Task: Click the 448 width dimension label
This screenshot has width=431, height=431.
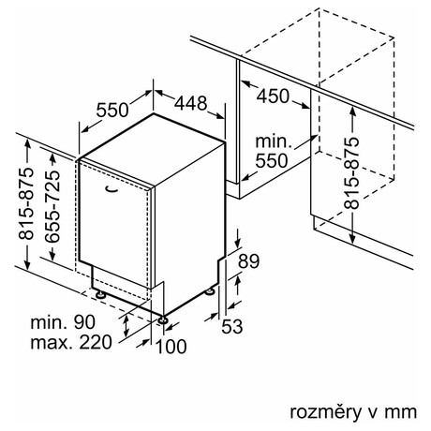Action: pos(190,103)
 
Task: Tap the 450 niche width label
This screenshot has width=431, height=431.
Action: pos(273,96)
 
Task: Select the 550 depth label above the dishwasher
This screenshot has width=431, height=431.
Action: pos(112,110)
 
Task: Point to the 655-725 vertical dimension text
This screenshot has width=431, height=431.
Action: pos(52,206)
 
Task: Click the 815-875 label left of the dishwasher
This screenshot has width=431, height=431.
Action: pos(25,203)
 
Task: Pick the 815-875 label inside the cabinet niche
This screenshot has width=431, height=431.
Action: pos(351,172)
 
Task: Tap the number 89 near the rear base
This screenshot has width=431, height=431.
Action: pos(248,261)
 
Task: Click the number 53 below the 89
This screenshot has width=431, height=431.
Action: pos(232,326)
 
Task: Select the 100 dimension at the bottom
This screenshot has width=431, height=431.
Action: pos(171,347)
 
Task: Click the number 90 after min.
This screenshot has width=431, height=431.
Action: pos(84,321)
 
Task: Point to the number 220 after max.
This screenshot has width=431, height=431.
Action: pos(96,342)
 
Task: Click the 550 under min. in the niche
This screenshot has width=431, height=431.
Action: pos(271,161)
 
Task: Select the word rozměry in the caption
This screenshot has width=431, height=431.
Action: pos(325,412)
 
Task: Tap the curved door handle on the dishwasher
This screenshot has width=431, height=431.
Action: pos(111,189)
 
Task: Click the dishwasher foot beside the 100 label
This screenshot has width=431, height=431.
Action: pos(163,320)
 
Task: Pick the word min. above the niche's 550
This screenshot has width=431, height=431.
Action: pos(274,141)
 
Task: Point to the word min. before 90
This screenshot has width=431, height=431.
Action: pos(49,322)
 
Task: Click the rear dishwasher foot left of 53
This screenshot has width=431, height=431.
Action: pos(210,291)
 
